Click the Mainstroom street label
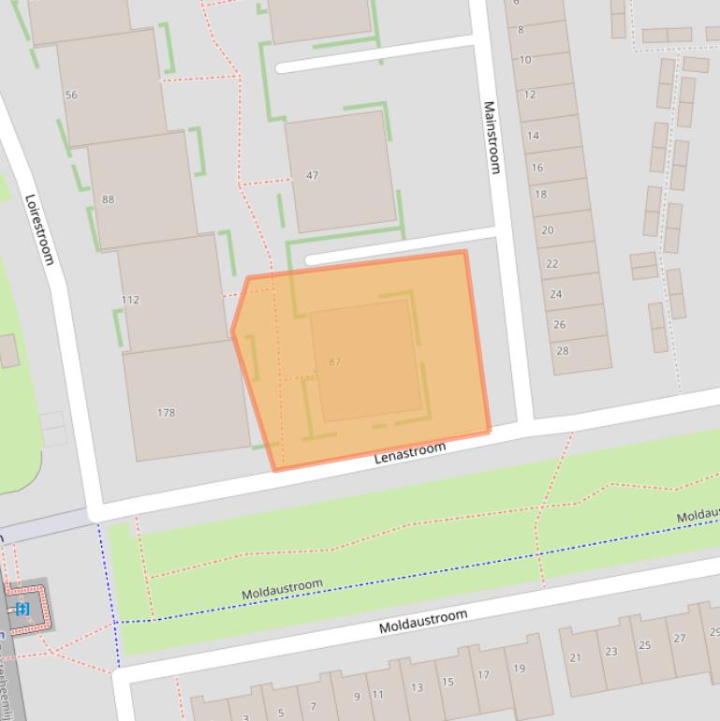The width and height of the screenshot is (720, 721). pyautogui.click(x=492, y=137)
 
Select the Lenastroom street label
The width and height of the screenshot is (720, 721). pyautogui.click(x=410, y=454)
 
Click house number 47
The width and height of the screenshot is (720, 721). pyautogui.click(x=312, y=175)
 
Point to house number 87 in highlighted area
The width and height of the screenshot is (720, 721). pyautogui.click(x=335, y=361)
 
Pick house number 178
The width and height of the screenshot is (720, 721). pyautogui.click(x=166, y=413)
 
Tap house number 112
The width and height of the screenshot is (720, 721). pyautogui.click(x=130, y=301)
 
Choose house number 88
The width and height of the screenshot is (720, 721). pyautogui.click(x=109, y=199)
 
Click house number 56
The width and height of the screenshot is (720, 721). pyautogui.click(x=71, y=96)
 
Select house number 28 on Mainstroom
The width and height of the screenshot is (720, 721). pyautogui.click(x=563, y=351)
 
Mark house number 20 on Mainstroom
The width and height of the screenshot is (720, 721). pyautogui.click(x=548, y=229)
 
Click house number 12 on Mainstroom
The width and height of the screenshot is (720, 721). pyautogui.click(x=530, y=95)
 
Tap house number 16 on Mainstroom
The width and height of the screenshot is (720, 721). pyautogui.click(x=537, y=168)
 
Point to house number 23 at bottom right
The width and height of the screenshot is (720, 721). pyautogui.click(x=611, y=652)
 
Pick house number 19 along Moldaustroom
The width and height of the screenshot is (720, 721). pyautogui.click(x=519, y=669)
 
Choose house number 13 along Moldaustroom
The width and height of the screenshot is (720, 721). pyautogui.click(x=417, y=687)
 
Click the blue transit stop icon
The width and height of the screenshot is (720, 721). pyautogui.click(x=22, y=610)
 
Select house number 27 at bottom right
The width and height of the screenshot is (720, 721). pyautogui.click(x=679, y=639)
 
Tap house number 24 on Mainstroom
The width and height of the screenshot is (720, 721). pyautogui.click(x=556, y=294)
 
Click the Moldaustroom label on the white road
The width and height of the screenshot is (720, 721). pyautogui.click(x=422, y=621)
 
